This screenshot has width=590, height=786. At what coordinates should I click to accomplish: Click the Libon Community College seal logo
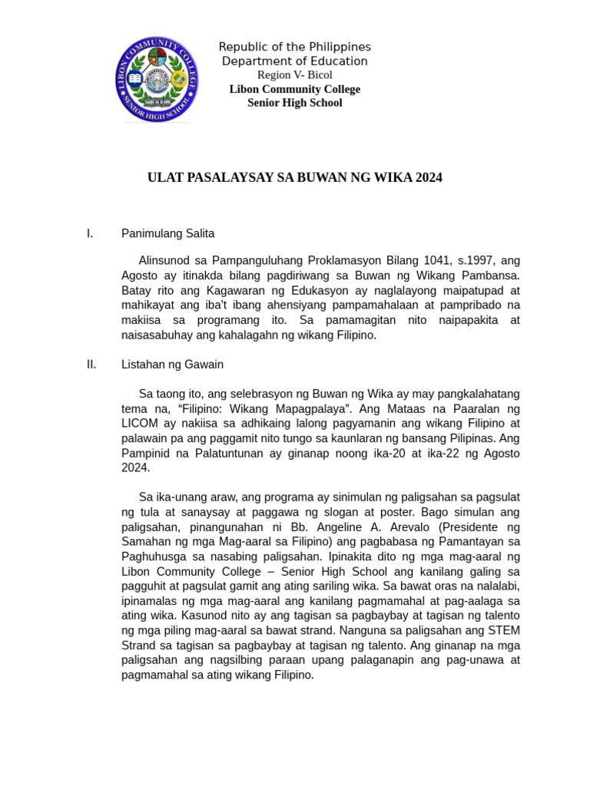coord(157,79)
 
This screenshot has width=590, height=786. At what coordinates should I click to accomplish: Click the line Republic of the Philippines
coord(294,48)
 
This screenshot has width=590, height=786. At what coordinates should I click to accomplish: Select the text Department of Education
coord(294,61)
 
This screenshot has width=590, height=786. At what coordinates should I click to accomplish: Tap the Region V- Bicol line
coord(294,75)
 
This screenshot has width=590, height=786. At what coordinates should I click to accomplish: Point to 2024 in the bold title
coord(428,178)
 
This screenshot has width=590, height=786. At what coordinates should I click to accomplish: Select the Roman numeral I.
coord(90,233)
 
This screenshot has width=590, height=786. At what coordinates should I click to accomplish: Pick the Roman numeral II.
coord(91,365)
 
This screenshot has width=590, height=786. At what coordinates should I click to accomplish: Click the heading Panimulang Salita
coord(167,233)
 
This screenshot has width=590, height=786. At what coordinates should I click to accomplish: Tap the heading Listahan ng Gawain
coord(172,365)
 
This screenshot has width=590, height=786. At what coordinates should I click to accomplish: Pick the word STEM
coord(503,630)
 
